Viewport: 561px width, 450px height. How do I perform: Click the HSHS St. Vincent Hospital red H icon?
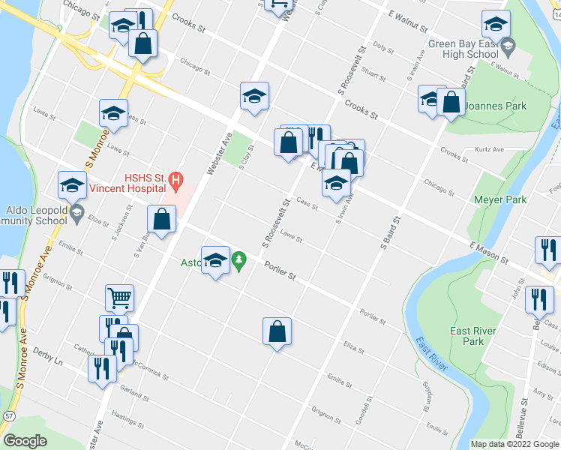(175, 180)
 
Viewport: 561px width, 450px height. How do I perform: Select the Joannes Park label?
(496, 106)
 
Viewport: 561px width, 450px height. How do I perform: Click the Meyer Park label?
(500, 199)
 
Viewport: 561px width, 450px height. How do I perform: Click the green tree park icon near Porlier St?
(238, 260)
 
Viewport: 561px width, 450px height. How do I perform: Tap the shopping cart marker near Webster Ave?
(119, 297)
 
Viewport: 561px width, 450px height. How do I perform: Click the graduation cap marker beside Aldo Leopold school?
(73, 184)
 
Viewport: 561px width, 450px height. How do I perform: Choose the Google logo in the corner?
(25, 440)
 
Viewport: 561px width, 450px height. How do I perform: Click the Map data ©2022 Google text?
(514, 444)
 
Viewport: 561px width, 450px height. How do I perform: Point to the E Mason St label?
(489, 253)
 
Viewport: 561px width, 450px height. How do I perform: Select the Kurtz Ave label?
(489, 149)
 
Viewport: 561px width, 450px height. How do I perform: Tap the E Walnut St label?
(408, 22)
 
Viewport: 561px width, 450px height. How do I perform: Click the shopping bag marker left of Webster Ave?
(162, 219)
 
